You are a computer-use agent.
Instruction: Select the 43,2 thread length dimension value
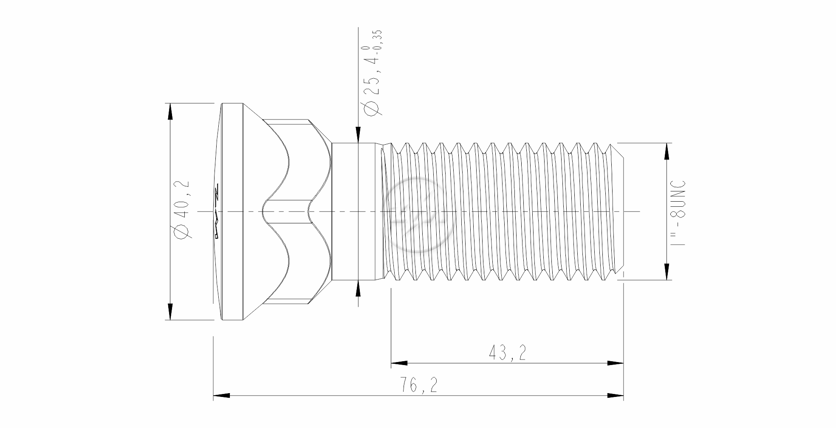(x=508, y=353)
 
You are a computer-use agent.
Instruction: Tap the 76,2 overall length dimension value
(x=418, y=385)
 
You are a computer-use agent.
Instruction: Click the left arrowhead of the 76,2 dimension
(x=221, y=396)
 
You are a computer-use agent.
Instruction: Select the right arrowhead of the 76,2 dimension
(x=615, y=396)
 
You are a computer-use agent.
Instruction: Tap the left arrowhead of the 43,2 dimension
(x=399, y=363)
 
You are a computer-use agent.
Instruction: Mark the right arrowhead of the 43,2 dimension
(x=615, y=363)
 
